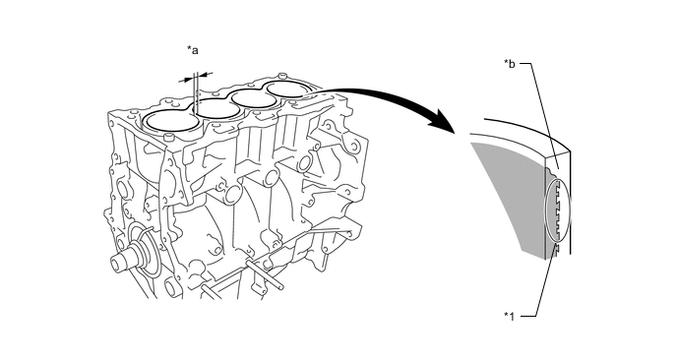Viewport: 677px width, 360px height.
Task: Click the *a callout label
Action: pos(193,50)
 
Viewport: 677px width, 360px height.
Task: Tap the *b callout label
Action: pos(510,64)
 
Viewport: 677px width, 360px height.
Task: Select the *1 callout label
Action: pos(510,317)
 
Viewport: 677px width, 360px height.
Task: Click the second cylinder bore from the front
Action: pos(216,109)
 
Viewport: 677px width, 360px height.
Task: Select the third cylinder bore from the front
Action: pos(255,98)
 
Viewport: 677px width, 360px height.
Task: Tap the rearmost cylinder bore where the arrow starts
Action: pos(284,90)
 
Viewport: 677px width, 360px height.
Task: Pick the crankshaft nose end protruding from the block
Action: pos(118,262)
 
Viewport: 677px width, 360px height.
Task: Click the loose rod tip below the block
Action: pos(281,285)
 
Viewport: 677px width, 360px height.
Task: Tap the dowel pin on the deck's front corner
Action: pos(168,138)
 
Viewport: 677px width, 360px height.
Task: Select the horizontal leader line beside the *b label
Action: pos(525,64)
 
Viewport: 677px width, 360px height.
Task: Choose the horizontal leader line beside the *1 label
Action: pos(528,317)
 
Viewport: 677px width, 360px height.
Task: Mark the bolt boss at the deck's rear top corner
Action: pos(282,75)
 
